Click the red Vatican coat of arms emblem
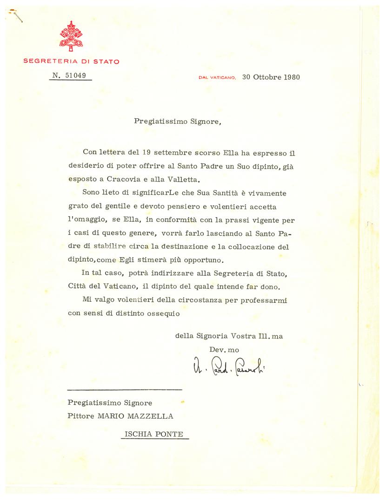71,36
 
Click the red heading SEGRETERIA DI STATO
71,61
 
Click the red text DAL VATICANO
218,78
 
